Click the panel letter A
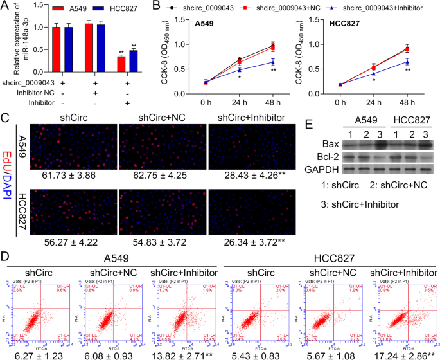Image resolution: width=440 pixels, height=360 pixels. point(4,6)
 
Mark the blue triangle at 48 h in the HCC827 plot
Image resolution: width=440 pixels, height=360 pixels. point(407,62)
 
